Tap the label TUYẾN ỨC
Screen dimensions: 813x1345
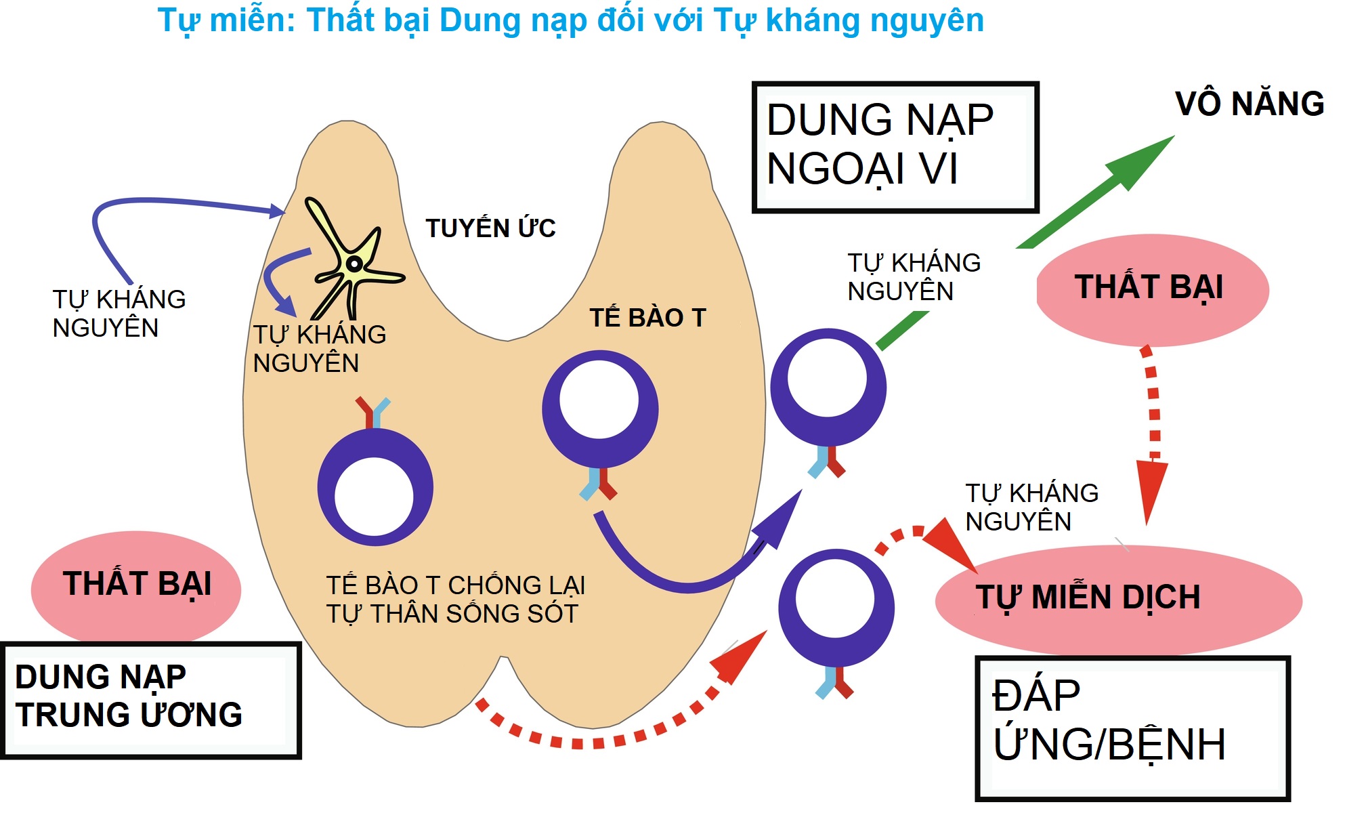(x=490, y=228)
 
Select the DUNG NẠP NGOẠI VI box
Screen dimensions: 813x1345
(x=895, y=147)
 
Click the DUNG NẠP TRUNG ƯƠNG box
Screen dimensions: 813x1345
(x=150, y=700)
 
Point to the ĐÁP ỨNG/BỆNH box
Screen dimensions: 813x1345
(x=1132, y=728)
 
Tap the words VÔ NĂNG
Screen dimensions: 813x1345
(x=1249, y=104)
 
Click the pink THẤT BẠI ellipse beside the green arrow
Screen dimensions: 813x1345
(x=1152, y=289)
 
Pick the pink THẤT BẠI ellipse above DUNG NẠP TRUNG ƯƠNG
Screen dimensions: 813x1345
(x=136, y=584)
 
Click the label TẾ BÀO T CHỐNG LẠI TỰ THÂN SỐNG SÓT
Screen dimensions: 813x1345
(x=455, y=600)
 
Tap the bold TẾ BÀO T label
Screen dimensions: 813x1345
(x=647, y=318)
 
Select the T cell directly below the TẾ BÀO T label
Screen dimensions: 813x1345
(x=600, y=410)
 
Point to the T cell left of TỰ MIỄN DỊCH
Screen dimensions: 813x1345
(x=836, y=608)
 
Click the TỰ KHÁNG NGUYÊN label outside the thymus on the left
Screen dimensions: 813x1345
(x=119, y=314)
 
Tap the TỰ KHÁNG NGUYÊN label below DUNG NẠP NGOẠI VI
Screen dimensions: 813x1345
(x=914, y=277)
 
